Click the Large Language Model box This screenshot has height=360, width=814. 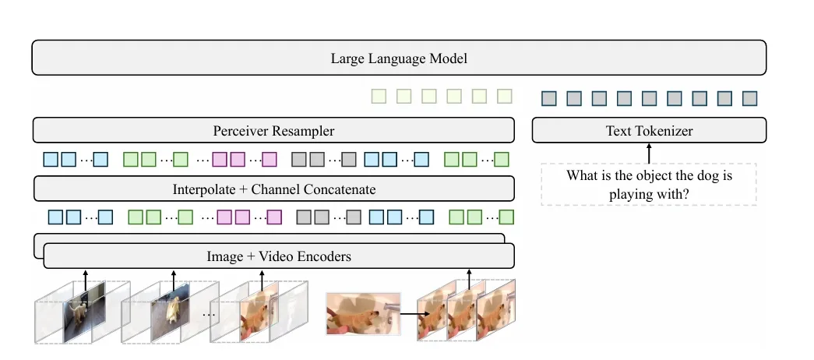399,58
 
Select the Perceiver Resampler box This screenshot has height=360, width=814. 273,130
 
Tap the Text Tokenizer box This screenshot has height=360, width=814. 649,130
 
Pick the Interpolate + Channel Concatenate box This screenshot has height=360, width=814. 273,189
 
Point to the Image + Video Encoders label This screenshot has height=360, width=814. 279,256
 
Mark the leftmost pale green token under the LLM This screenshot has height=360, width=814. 379,97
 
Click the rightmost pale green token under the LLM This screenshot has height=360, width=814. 505,97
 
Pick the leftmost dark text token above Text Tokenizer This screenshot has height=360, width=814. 549,99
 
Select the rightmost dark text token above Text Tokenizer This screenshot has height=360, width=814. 749,99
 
